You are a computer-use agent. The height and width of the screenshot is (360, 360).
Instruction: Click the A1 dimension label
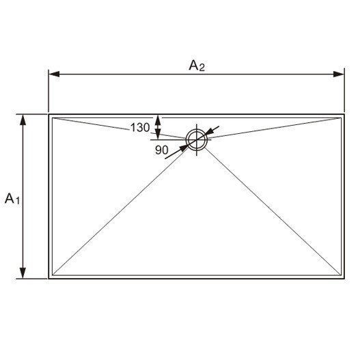point(13,199)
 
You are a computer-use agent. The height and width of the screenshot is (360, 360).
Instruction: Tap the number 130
point(139,128)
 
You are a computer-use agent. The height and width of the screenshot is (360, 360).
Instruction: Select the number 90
point(162,150)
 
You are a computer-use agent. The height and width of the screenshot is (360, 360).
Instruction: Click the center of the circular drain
point(197,139)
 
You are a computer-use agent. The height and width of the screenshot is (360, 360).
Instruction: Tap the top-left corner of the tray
point(49,114)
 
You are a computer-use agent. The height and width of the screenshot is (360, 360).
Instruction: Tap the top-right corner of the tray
point(343,114)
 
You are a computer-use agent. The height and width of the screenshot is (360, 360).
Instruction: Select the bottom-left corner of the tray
point(49,278)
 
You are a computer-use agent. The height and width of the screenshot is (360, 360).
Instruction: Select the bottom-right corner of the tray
point(343,278)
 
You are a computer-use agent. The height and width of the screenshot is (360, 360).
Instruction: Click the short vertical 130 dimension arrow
point(158,126)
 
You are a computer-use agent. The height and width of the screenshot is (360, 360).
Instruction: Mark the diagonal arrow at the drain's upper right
point(212,130)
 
